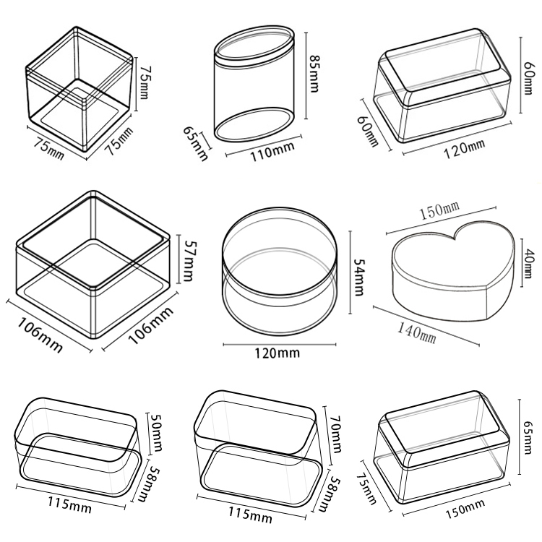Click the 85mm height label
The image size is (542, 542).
click(x=314, y=74)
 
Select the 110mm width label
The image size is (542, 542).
click(x=272, y=152)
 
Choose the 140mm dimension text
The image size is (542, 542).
click(x=416, y=332)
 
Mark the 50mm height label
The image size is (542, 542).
click(x=156, y=432)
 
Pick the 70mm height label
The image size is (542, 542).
click(x=335, y=433)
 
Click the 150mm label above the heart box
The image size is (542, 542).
click(x=439, y=210)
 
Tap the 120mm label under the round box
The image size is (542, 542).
click(x=277, y=353)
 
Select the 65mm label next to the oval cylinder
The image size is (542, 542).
click(x=195, y=144)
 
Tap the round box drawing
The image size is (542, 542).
click(x=279, y=271)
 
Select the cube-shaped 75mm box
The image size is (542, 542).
click(x=79, y=89)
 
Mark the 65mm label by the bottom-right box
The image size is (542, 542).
click(x=528, y=437)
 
